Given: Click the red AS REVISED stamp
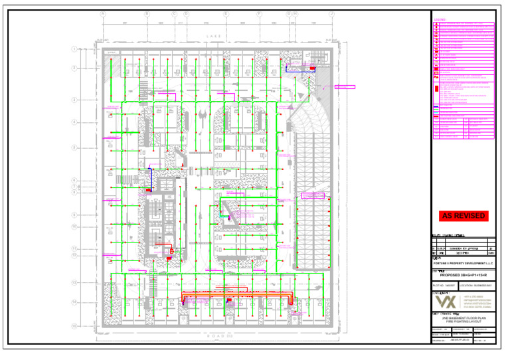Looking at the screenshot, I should click(x=463, y=216).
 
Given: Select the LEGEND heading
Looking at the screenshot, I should click(x=440, y=20).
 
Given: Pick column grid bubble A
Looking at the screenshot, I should click(x=103, y=13).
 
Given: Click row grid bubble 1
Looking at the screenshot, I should click(x=75, y=49).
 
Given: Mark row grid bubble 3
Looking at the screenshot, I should click(x=75, y=100).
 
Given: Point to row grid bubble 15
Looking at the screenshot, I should click(x=75, y=325).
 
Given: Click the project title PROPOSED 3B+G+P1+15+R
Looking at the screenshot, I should click(x=463, y=274).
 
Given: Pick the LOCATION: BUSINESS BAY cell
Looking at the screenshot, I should click(x=475, y=285).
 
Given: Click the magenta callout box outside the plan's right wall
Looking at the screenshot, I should click(x=345, y=86).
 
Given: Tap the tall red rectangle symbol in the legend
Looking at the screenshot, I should click(x=436, y=87).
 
